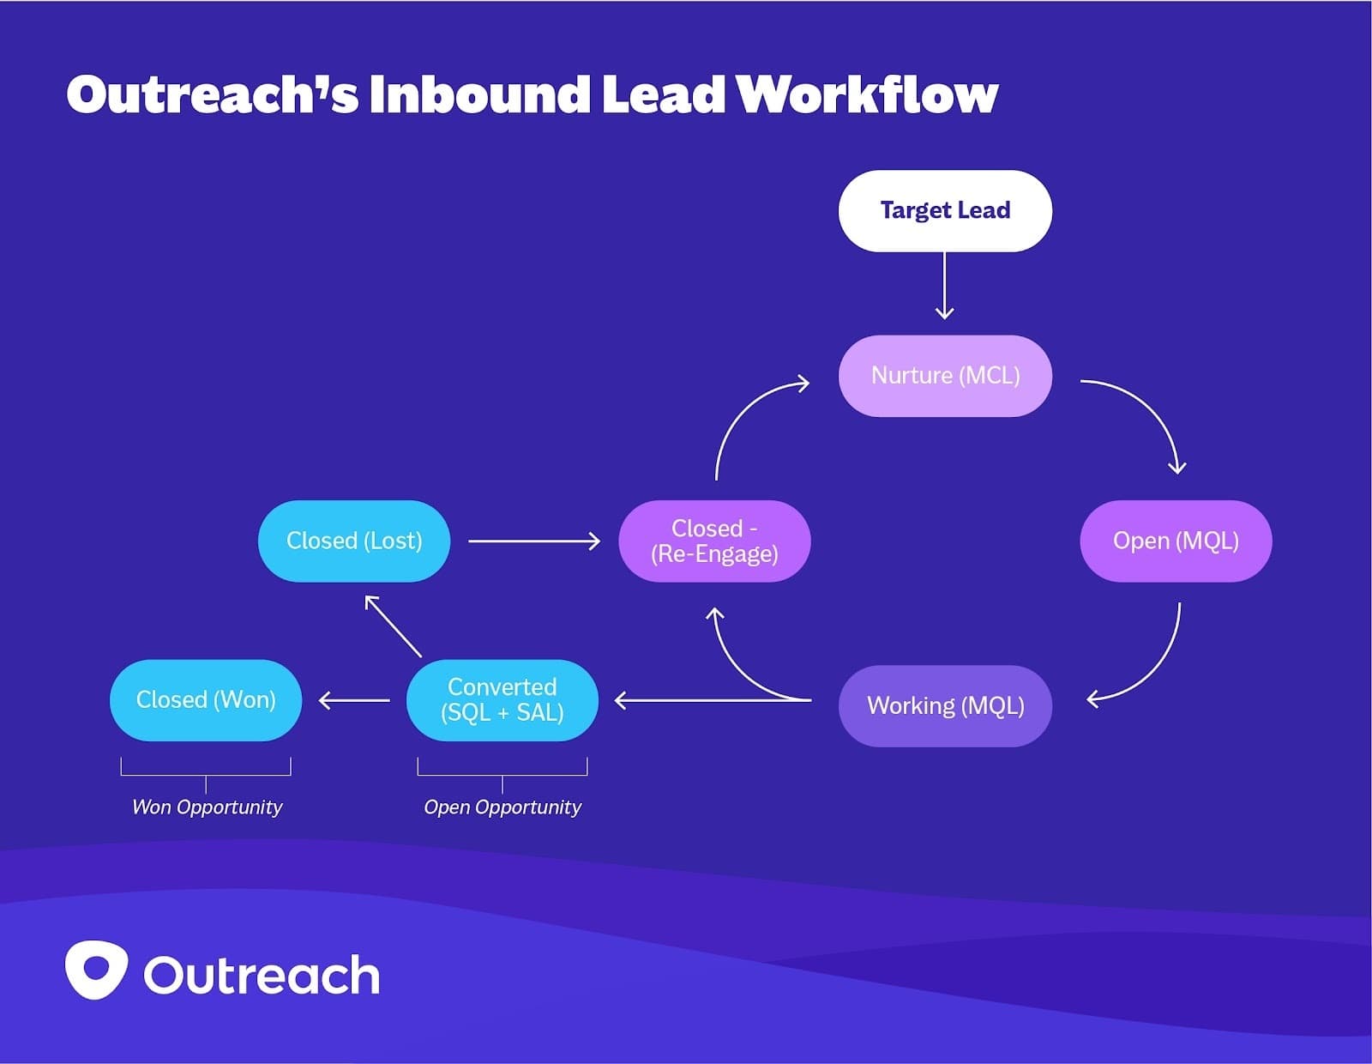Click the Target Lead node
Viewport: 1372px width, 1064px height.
945,211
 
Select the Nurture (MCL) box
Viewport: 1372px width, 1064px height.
945,376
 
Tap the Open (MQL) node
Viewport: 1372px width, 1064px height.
1176,541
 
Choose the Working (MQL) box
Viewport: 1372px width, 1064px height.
945,705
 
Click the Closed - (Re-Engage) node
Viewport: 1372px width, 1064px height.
714,541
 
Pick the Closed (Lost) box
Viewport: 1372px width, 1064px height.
354,541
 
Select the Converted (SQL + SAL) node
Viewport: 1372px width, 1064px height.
502,699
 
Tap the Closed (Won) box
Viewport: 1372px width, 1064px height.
206,699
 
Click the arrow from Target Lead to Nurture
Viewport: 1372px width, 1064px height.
944,286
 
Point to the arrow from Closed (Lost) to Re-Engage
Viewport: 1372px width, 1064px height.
533,541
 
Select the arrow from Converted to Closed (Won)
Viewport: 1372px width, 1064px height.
354,700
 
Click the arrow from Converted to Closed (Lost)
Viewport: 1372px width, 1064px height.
394,626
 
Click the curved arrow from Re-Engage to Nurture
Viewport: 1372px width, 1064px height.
737,412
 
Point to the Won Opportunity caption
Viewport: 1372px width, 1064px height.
207,807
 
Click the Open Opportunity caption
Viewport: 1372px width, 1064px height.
502,807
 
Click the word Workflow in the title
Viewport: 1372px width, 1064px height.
866,94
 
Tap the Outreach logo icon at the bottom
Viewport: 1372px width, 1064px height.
96,970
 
